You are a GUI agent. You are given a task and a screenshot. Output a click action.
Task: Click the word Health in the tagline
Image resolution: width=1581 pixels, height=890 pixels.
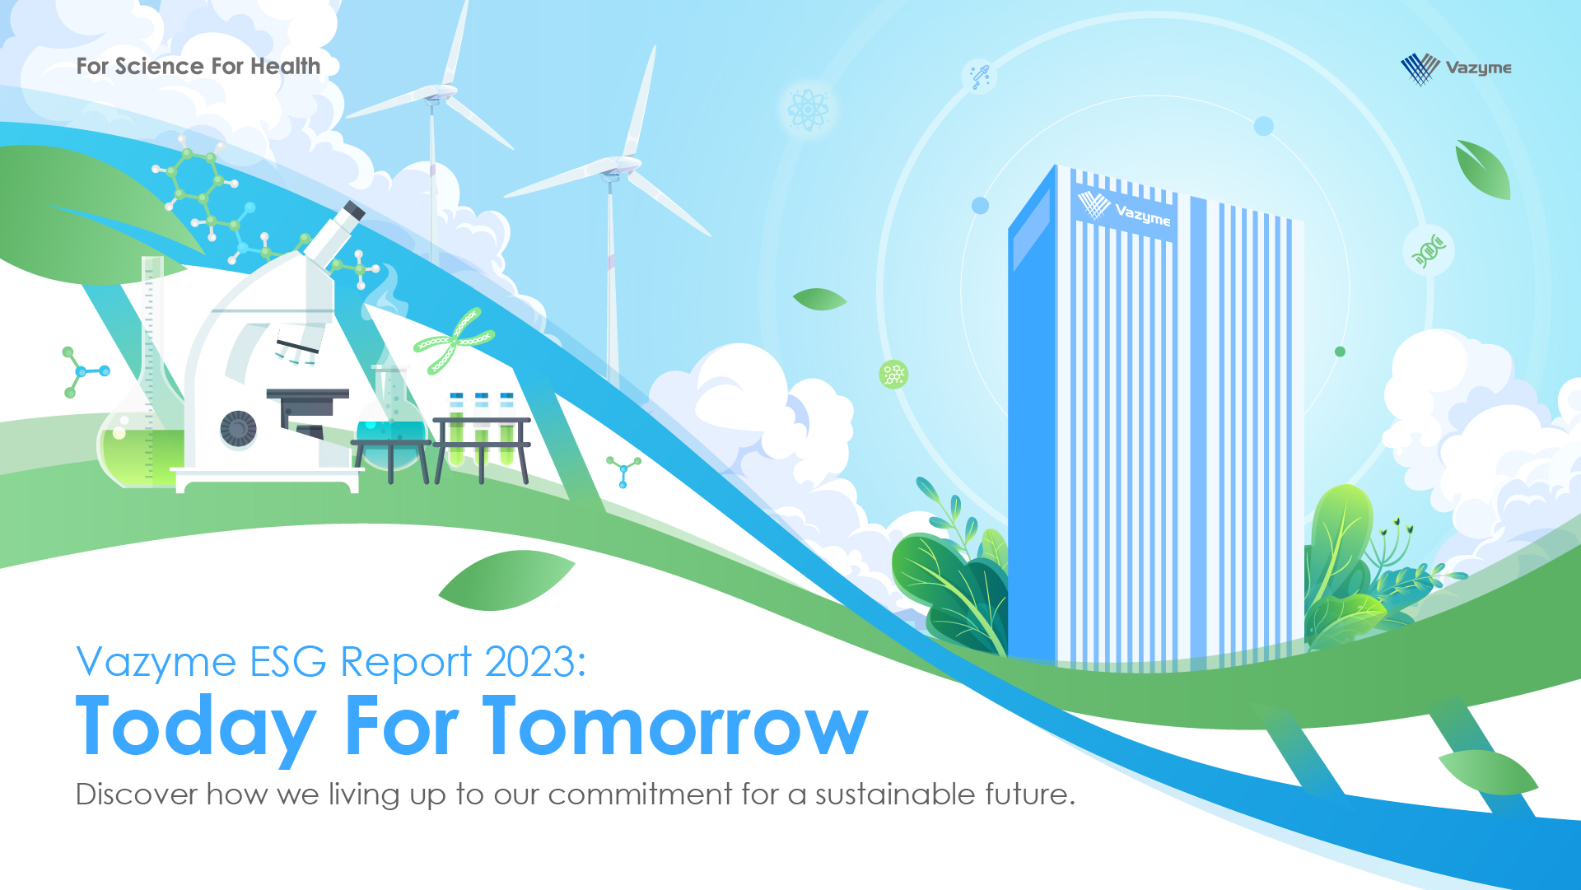click(x=285, y=66)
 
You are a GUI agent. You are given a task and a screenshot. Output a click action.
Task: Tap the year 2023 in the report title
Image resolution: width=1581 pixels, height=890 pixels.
click(x=535, y=661)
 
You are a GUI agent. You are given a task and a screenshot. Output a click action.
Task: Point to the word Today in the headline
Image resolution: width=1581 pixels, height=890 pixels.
click(x=196, y=729)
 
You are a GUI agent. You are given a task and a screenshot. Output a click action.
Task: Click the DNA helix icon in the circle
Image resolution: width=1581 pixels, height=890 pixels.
click(x=1429, y=250)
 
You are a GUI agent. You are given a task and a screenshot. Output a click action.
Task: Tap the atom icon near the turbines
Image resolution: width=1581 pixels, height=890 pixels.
click(x=808, y=110)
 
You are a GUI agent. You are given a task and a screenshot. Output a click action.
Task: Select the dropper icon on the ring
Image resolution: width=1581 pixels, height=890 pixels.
click(x=980, y=77)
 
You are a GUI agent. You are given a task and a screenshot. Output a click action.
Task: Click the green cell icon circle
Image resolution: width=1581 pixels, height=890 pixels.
click(x=893, y=375)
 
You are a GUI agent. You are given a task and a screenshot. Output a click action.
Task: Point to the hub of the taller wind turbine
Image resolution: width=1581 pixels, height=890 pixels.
click(x=611, y=173)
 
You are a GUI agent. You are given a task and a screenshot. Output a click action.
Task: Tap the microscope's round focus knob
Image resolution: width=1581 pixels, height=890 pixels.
click(x=239, y=428)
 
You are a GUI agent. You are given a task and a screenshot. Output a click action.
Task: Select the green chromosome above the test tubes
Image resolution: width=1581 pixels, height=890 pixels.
click(x=454, y=341)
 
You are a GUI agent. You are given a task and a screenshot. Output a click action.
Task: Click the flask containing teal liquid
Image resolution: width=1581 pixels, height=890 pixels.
click(x=390, y=420)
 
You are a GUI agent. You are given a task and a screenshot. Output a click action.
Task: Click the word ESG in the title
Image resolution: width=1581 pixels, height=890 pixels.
click(x=287, y=661)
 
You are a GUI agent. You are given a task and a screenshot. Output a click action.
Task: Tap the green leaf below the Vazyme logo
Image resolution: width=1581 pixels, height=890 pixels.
click(x=1482, y=170)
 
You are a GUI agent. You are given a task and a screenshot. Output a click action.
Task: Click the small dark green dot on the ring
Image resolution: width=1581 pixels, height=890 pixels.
click(x=1340, y=352)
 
